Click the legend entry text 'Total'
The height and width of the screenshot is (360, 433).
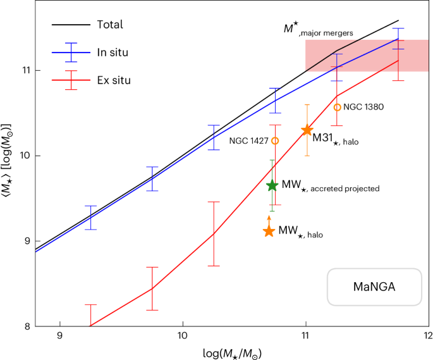click(x=111, y=25)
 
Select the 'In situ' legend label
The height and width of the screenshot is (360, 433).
click(x=114, y=53)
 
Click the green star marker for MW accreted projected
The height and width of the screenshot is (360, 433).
click(x=272, y=185)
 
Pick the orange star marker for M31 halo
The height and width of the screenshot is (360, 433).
click(x=307, y=130)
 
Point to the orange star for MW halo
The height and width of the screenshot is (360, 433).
click(x=269, y=232)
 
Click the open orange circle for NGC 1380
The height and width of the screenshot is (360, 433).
click(x=338, y=108)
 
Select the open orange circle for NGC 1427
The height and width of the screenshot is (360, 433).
click(x=275, y=140)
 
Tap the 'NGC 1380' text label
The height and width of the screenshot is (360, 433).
click(x=364, y=108)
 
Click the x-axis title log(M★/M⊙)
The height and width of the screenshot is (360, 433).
click(x=238, y=352)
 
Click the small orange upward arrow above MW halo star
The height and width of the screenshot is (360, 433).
click(x=269, y=219)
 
